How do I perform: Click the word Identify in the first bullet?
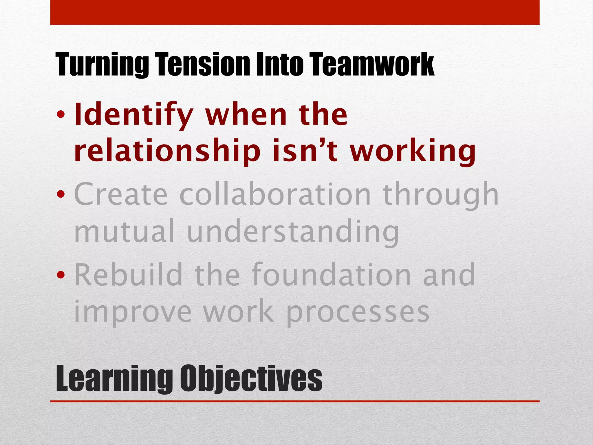tap(133, 115)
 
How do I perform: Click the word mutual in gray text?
tap(124, 231)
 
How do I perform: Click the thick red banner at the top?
tap(295, 12)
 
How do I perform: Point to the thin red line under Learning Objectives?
tap(295, 401)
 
